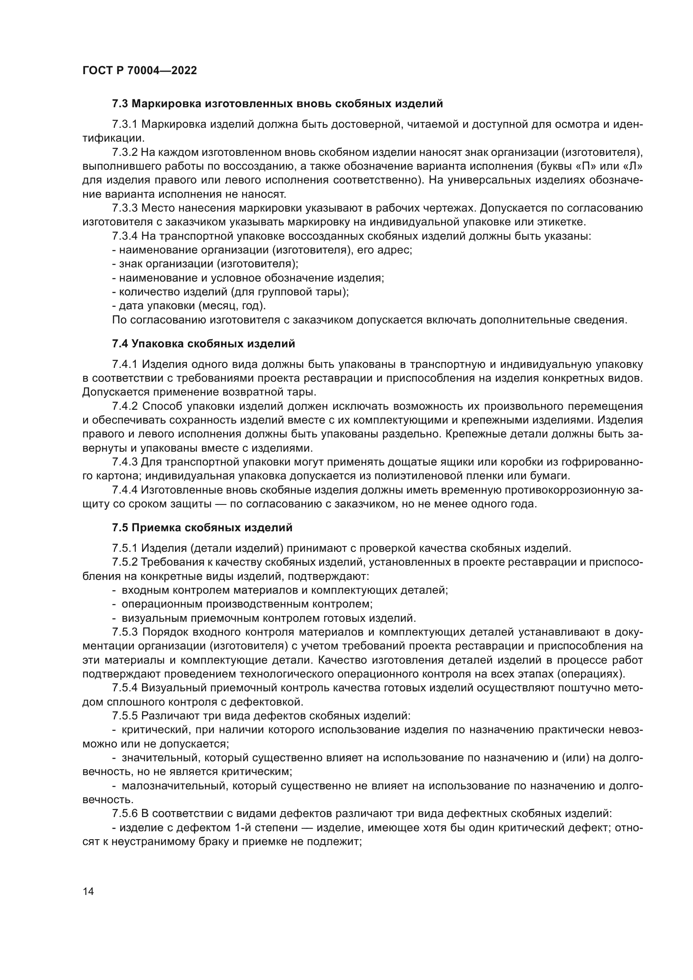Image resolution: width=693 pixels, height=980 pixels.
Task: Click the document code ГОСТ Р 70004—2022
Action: tap(140, 71)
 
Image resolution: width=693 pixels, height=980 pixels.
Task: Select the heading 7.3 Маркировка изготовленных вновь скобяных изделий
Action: tap(277, 104)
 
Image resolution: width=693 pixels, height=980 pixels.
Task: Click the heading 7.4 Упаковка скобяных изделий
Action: tap(203, 344)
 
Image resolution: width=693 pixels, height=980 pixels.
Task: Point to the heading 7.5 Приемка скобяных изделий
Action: tap(202, 528)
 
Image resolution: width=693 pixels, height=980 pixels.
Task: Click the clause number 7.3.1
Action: tap(124, 124)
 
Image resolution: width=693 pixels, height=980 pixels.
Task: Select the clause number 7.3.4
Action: tap(124, 236)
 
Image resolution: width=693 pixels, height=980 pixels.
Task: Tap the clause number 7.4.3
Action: tap(124, 462)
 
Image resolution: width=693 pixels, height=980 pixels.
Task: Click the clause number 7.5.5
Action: tap(124, 715)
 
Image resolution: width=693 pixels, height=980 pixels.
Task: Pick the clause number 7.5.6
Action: tap(124, 814)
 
